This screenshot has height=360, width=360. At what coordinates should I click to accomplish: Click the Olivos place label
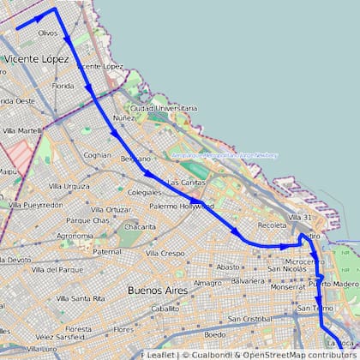(x=49, y=33)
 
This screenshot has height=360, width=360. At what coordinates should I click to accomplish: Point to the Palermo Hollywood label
(x=180, y=207)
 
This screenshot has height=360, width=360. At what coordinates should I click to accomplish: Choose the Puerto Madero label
(x=334, y=283)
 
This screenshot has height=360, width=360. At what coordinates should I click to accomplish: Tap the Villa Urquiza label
(x=69, y=186)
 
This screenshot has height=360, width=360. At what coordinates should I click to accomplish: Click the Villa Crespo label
(x=165, y=254)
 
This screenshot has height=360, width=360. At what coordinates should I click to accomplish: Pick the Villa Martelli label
(x=21, y=130)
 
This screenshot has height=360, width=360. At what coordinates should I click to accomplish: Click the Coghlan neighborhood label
(x=98, y=155)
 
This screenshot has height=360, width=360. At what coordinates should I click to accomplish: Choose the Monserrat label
(x=286, y=286)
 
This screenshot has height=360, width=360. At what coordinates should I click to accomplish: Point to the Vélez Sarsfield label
(x=62, y=337)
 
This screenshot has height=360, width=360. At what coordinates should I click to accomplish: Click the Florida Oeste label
(x=17, y=100)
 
